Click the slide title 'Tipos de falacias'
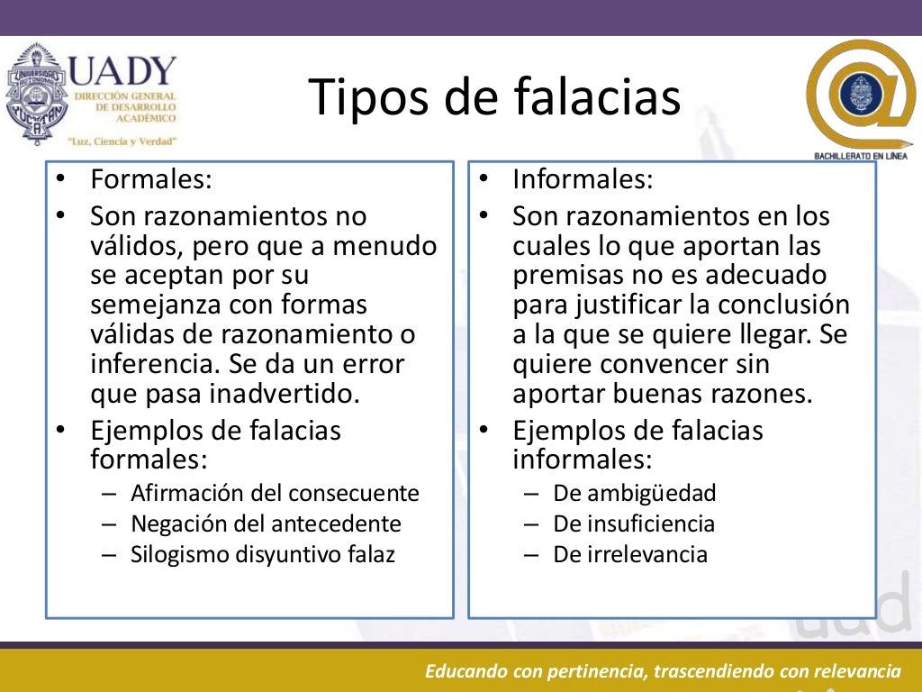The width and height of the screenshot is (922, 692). pyautogui.click(x=494, y=97)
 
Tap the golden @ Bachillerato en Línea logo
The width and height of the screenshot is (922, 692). pyautogui.click(x=860, y=96)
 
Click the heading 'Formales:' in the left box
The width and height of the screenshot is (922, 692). pyautogui.click(x=151, y=178)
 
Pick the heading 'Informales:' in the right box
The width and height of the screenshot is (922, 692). pyautogui.click(x=583, y=178)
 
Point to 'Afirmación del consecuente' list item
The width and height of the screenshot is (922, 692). pyautogui.click(x=275, y=493)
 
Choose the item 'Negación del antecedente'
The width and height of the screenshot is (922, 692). pyautogui.click(x=266, y=524)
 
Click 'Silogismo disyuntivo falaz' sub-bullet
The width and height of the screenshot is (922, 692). pyautogui.click(x=263, y=554)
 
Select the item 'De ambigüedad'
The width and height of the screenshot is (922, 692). pyautogui.click(x=634, y=493)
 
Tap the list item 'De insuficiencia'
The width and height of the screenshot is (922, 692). pyautogui.click(x=634, y=524)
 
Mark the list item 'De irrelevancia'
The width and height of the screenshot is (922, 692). pyautogui.click(x=630, y=554)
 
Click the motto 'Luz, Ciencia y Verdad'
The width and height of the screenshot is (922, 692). pyautogui.click(x=122, y=141)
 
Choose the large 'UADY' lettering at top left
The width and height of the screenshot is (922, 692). pyautogui.click(x=123, y=70)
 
